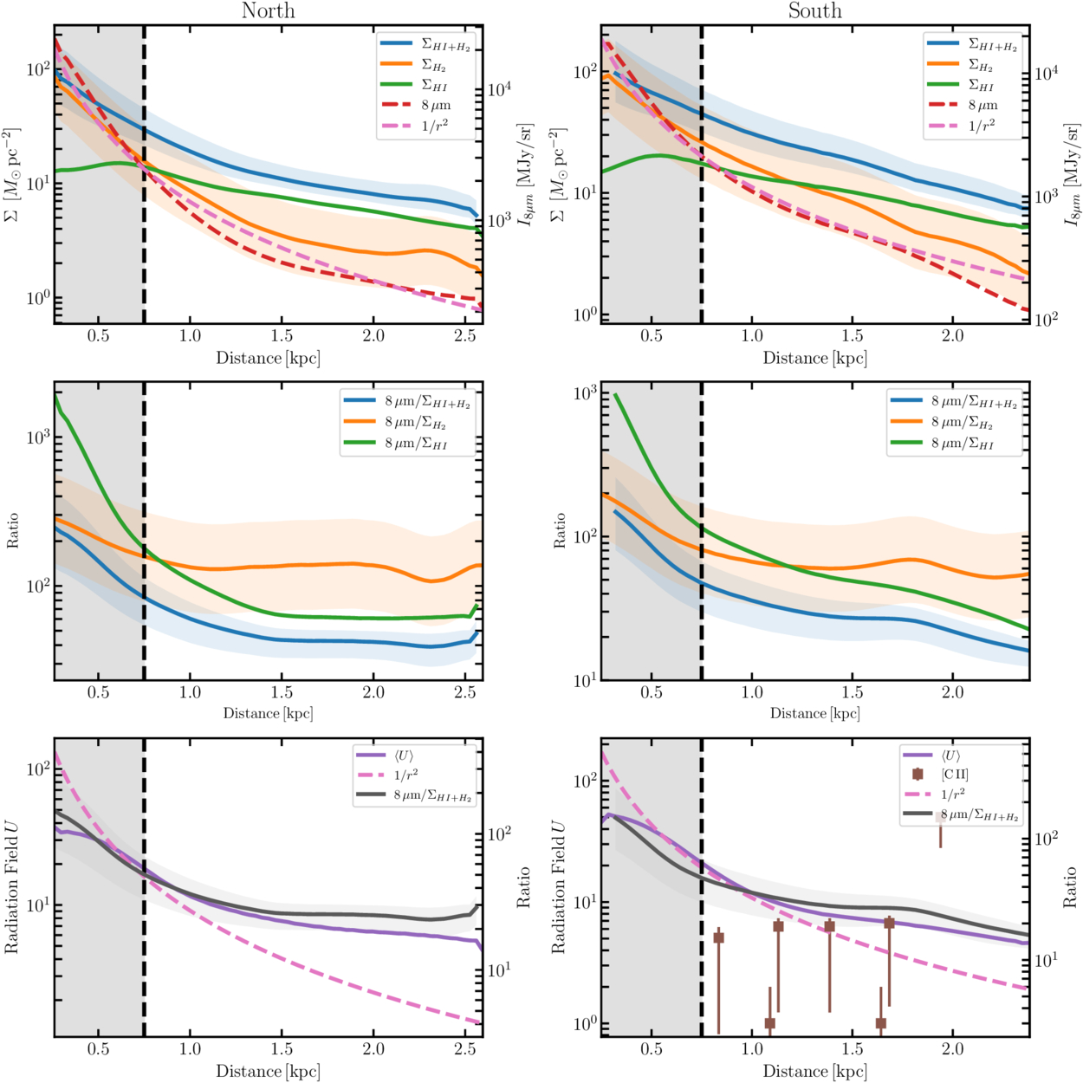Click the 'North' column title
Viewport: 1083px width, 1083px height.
(268, 11)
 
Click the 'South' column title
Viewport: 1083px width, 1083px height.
(814, 11)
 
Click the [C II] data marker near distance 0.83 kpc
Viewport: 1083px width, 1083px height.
(718, 937)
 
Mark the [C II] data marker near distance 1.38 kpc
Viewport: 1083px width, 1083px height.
(829, 926)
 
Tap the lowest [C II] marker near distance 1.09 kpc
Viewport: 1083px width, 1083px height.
(769, 1023)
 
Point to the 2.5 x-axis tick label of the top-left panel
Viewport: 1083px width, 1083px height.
(465, 336)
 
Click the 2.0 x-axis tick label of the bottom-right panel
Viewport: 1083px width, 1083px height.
(952, 1049)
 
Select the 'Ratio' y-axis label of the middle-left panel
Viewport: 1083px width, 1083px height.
(12, 530)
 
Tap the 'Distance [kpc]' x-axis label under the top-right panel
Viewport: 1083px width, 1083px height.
(814, 358)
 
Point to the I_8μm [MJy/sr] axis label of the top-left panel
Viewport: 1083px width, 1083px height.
(525, 174)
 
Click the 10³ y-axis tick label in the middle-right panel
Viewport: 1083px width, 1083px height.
(585, 393)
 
